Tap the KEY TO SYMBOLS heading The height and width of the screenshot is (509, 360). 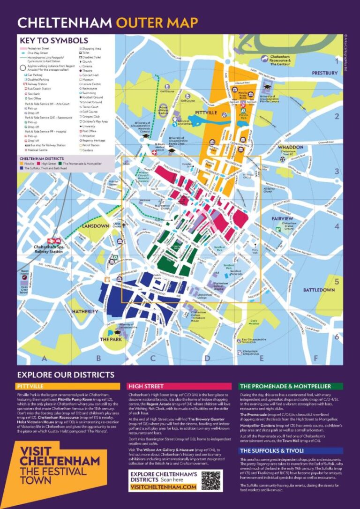pos(52,40)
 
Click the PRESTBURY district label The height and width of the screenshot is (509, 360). pos(324,73)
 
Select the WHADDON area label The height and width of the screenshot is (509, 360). pos(291,147)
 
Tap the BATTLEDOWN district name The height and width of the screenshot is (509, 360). pos(319,290)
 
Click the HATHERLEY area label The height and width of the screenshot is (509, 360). pos(85,311)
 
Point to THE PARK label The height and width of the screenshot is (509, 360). pos(111,339)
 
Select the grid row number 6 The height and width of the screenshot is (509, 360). pos(336,337)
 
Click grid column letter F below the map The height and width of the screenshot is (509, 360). pos(315,359)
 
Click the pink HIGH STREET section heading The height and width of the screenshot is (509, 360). pos(146,386)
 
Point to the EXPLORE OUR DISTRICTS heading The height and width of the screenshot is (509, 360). pos(65,375)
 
